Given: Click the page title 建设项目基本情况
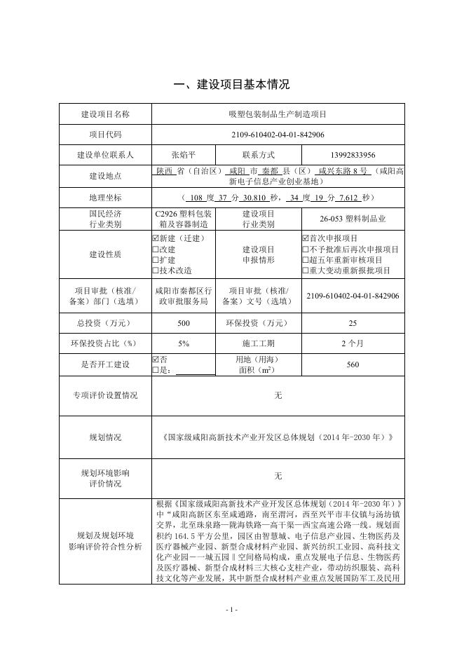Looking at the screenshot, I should click(x=231, y=85).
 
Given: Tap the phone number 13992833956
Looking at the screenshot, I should click(x=352, y=155).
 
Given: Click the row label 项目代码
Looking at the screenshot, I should click(x=105, y=135).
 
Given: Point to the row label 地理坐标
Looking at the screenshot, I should click(x=105, y=198).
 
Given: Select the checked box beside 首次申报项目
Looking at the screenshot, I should click(x=305, y=238).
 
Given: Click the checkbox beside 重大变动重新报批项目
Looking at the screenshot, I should click(x=305, y=270).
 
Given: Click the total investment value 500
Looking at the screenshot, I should click(x=184, y=323).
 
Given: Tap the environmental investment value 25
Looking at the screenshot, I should click(x=352, y=323).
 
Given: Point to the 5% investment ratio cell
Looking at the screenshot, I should click(x=184, y=343).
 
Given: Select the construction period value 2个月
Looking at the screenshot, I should click(x=352, y=343).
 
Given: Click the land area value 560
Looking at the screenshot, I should click(x=352, y=364).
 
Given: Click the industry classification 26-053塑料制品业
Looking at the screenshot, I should click(x=352, y=219).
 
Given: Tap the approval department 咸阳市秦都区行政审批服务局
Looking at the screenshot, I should click(x=184, y=296).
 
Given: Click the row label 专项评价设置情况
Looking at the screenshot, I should click(x=105, y=396).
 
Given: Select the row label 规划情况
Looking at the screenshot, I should click(x=105, y=437).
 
